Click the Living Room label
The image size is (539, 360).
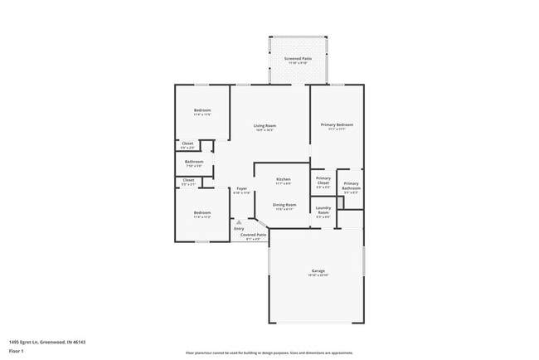click(x=265, y=125)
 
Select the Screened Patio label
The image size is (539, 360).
click(x=298, y=59)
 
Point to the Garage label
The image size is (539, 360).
click(x=317, y=270)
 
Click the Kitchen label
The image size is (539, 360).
click(x=284, y=179)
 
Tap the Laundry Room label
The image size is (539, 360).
click(x=323, y=211)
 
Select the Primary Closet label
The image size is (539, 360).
click(x=323, y=181)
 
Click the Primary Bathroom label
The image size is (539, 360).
click(x=351, y=186)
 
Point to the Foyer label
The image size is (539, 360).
click(x=241, y=188)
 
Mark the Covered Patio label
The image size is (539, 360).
click(x=254, y=235)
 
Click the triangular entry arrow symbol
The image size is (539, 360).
click(x=239, y=221)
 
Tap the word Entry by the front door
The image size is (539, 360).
click(x=239, y=228)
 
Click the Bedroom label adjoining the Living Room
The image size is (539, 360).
click(x=202, y=110)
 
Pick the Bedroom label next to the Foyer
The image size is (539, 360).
click(x=202, y=212)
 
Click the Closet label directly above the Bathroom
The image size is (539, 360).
click(x=188, y=144)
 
